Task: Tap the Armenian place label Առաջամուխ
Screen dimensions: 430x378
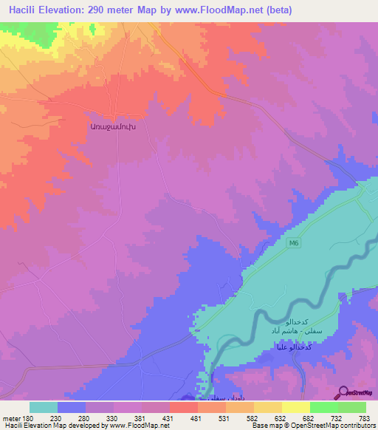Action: click(x=113, y=126)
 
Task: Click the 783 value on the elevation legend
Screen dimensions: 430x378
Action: click(x=365, y=418)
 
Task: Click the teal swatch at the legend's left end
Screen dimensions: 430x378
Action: click(x=44, y=407)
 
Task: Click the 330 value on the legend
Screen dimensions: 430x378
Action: click(x=113, y=418)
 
